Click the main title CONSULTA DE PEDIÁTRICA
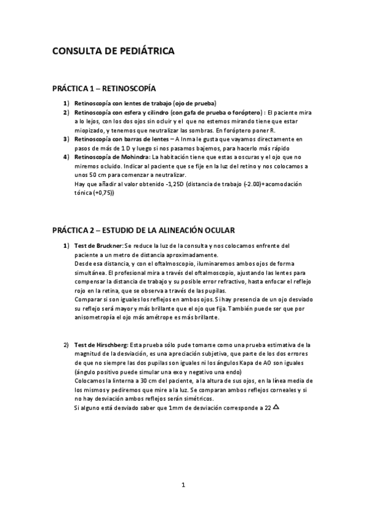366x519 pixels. pyautogui.click(x=113, y=52)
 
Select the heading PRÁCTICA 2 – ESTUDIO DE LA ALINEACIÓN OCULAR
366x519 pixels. pyautogui.click(x=144, y=230)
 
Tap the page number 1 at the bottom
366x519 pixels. pyautogui.click(x=183, y=486)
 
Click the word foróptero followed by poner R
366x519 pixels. pyautogui.click(x=251, y=130)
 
